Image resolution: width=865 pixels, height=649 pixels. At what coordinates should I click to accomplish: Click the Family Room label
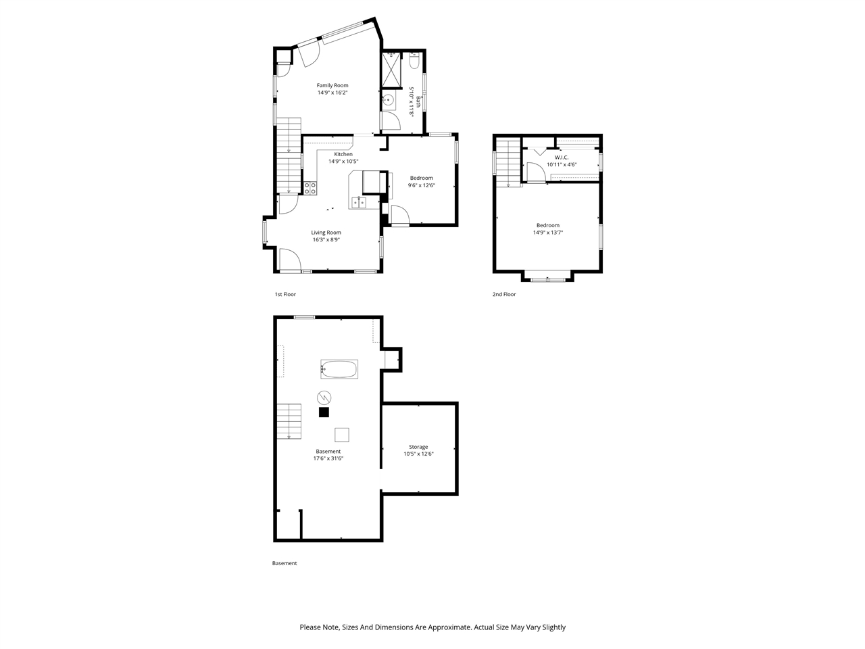coord(332,85)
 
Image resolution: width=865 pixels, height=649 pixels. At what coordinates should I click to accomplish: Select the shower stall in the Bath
coord(391,70)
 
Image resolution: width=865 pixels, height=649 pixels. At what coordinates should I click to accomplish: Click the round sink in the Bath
coord(389,100)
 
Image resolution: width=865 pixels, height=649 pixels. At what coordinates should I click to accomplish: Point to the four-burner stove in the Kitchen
coord(310,189)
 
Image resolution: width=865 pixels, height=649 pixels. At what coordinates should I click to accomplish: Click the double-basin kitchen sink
coord(358,202)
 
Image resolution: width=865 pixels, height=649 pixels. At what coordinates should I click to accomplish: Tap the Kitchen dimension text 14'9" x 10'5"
coord(343,162)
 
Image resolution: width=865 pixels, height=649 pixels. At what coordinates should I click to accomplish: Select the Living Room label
coord(326,233)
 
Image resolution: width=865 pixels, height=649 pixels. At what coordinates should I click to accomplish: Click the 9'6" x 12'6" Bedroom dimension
coord(421,185)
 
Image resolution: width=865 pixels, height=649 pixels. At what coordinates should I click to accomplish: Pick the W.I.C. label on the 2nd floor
coord(562,157)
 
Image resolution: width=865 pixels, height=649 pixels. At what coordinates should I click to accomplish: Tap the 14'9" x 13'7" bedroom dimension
coord(547,233)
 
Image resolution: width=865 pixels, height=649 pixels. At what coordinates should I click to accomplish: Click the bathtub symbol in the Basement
coord(339,369)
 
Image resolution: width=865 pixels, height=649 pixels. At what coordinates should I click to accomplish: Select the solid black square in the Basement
coord(324,412)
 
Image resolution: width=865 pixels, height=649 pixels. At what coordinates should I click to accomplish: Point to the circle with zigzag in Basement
coord(324,397)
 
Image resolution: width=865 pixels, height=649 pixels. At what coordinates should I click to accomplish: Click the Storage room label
coord(418,447)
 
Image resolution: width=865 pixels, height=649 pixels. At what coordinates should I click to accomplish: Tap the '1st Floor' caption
coord(285,295)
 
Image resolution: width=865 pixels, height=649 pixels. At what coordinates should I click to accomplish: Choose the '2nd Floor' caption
coord(504,295)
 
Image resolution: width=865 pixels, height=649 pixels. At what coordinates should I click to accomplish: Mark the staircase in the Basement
coord(289,420)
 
